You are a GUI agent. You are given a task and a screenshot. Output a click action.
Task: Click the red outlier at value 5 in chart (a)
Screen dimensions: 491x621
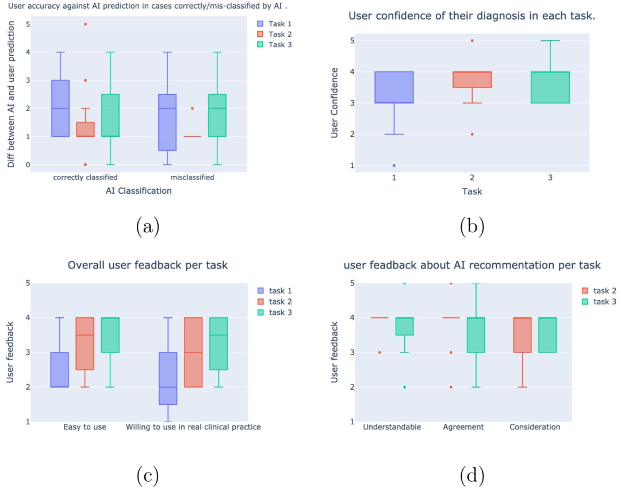click(86, 24)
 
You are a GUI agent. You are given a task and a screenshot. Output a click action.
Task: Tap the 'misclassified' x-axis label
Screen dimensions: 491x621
click(192, 177)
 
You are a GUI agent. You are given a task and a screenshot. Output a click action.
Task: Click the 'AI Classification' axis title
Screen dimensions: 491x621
click(138, 191)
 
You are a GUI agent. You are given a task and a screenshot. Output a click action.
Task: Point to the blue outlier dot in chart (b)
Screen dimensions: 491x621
click(394, 165)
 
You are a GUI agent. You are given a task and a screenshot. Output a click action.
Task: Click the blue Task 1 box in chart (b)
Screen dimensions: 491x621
click(394, 87)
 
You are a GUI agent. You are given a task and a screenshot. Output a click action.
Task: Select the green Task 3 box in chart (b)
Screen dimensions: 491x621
click(550, 87)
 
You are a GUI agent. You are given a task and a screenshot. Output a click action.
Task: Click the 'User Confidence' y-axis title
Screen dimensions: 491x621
click(335, 103)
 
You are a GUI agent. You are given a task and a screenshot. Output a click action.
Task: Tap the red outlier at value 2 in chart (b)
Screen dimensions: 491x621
click(473, 134)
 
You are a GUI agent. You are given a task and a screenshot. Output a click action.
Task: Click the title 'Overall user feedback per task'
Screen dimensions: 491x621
click(147, 265)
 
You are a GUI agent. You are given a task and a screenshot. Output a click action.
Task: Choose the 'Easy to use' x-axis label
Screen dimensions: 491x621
click(85, 427)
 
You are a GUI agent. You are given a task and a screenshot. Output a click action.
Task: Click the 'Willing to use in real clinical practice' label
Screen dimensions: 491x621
click(193, 427)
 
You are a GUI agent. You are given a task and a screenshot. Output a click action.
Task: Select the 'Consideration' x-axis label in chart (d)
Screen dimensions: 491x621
click(535, 427)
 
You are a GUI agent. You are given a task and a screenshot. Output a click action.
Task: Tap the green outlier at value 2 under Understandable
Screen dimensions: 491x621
click(404, 387)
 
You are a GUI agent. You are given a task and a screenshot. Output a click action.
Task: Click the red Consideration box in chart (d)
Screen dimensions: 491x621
click(522, 335)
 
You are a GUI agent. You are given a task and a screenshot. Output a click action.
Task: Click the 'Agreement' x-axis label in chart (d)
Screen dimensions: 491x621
click(463, 427)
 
